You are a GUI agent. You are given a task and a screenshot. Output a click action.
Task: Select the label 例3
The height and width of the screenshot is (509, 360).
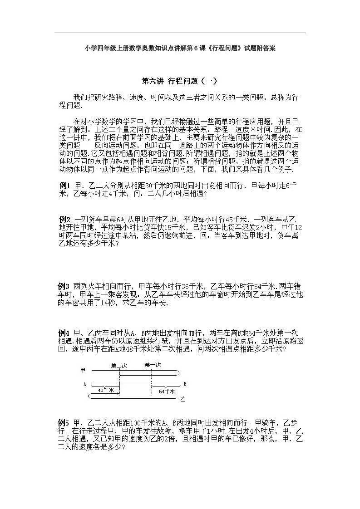pyautogui.click(x=64, y=286)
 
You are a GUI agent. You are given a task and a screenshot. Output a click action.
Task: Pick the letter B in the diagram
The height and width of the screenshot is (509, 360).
pyautogui.click(x=184, y=384)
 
